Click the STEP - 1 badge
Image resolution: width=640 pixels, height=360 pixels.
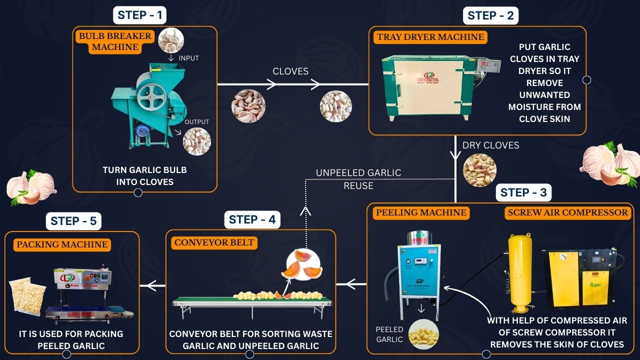[x=139, y=15]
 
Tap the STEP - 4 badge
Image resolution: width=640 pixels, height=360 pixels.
[x=252, y=219]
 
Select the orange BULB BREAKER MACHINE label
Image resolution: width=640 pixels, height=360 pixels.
[x=115, y=41]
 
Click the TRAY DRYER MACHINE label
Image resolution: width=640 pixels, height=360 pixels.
[x=430, y=37]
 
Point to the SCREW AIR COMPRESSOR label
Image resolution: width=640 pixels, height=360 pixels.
[x=567, y=212]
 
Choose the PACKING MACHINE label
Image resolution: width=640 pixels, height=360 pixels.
[x=62, y=244]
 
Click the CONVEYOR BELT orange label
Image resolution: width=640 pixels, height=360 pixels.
[x=214, y=243]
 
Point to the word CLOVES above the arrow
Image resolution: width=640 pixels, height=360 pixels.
[x=290, y=71]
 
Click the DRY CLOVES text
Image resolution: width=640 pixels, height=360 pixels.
[x=490, y=145]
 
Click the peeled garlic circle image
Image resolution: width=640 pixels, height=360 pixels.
[x=423, y=334]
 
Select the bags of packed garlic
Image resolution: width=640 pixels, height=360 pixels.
[x=27, y=296]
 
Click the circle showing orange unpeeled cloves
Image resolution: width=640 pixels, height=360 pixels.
[x=304, y=265]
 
